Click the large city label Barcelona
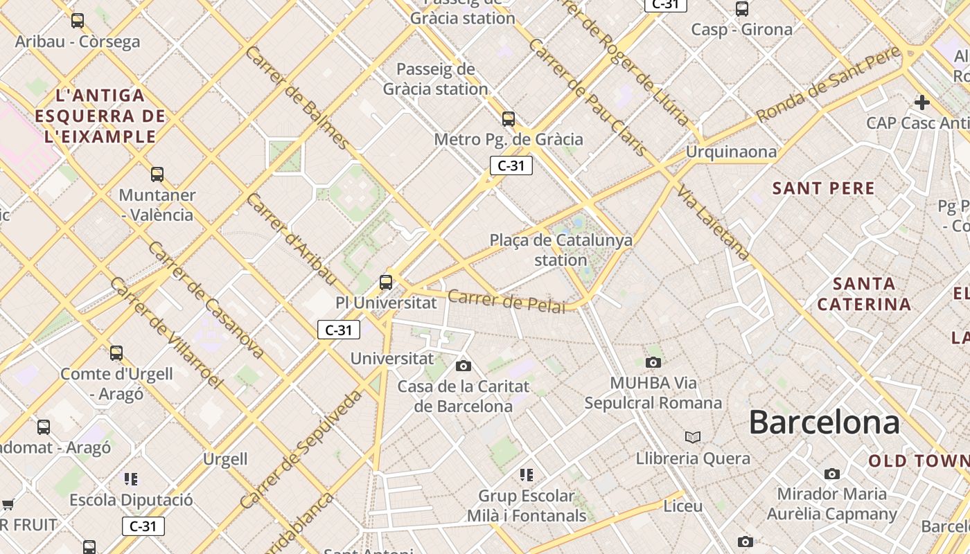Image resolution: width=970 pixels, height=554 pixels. coord(824,422)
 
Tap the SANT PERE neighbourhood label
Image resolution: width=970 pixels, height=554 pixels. coord(823,188)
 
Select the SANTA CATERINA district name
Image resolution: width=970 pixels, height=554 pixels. coord(863,294)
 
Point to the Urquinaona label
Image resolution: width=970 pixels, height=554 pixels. coord(731,152)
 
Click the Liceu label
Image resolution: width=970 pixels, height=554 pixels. coord(682,506)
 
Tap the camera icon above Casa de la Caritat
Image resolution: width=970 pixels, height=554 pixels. coord(464,366)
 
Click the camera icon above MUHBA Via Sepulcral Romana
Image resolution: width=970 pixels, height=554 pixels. coord(653,362)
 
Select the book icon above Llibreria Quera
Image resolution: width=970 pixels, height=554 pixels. coord(693,437)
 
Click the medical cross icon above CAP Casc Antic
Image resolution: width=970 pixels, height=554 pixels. coord(921,102)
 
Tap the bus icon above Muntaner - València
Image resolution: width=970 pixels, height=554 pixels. coord(157,175)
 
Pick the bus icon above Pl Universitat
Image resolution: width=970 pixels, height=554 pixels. coord(386,283)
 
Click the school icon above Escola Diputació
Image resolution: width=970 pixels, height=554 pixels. coord(131,479)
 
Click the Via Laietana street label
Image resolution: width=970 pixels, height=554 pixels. coord(714,222)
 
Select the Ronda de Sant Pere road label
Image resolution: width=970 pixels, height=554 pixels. coord(828,84)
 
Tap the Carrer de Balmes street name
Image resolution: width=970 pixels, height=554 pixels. coord(297,98)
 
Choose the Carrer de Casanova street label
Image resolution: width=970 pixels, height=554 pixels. coord(206,299)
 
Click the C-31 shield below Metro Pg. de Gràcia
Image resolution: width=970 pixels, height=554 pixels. coord(511,166)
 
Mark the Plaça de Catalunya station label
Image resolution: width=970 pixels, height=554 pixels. coord(561,250)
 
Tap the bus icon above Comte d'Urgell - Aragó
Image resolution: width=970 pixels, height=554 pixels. coord(116,353)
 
